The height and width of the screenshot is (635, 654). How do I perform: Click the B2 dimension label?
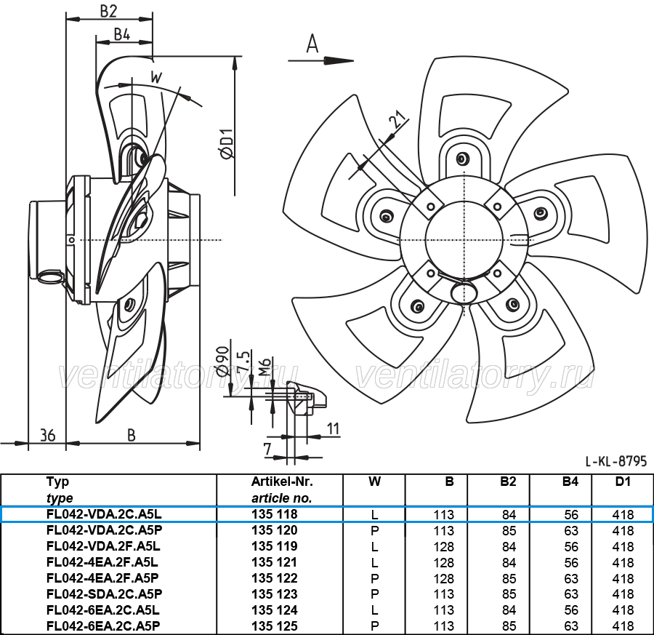click(108, 11)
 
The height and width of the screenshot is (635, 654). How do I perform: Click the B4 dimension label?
click(122, 34)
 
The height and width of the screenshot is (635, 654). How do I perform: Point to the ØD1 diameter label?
click(227, 143)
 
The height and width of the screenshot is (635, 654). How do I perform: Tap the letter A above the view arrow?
click(312, 44)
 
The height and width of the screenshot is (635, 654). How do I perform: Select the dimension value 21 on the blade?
click(398, 119)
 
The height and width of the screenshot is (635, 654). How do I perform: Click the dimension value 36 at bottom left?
click(47, 436)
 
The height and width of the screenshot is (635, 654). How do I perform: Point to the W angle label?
click(156, 77)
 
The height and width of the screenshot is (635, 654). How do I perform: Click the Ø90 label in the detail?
click(223, 358)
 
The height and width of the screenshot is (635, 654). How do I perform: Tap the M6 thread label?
click(265, 366)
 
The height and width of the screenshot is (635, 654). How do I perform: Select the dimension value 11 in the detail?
click(333, 428)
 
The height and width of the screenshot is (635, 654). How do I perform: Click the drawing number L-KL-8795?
click(616, 461)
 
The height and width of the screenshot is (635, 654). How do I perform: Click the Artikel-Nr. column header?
click(282, 482)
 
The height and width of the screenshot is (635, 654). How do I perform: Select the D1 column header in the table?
click(623, 482)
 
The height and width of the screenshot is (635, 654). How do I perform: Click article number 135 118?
click(275, 514)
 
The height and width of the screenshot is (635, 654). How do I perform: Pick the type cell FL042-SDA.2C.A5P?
click(104, 594)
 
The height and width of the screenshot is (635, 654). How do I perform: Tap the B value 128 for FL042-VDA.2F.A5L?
click(443, 546)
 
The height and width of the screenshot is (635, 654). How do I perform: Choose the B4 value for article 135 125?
click(571, 626)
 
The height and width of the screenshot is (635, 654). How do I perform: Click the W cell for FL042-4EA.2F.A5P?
click(374, 578)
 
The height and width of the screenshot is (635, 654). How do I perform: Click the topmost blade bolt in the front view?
click(461, 159)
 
